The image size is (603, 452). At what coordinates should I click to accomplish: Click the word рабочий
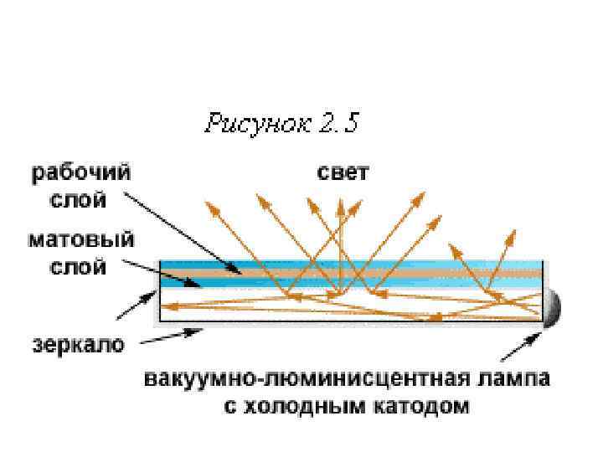click(81, 174)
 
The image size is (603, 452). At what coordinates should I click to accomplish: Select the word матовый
click(81, 241)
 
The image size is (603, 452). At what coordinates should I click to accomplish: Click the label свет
click(343, 174)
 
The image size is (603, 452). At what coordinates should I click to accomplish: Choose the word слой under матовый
click(84, 268)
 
